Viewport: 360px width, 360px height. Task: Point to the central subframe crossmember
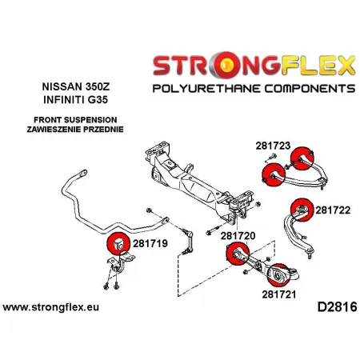coord(200,175)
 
